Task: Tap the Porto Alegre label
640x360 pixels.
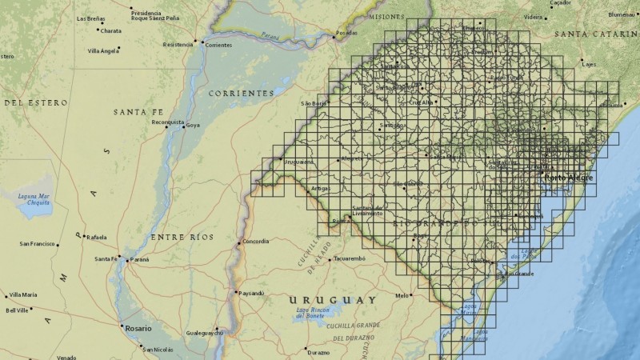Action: pos(569,178)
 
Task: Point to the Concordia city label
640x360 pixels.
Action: pos(256,241)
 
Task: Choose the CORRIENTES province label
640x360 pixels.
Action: pos(241,94)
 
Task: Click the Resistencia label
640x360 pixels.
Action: pos(178,45)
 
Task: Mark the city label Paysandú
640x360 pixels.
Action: pos(250,293)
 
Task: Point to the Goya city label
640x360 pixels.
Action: pos(193,126)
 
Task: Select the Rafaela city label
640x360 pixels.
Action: pos(97,237)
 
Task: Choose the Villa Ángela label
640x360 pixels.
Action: pos(103,50)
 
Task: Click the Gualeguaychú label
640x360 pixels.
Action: pos(200,331)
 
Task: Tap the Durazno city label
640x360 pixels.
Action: pos(318,352)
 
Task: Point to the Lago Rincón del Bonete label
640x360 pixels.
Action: pos(313,312)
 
